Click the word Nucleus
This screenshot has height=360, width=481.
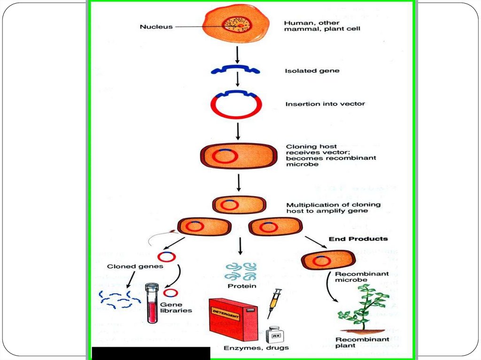[156, 27]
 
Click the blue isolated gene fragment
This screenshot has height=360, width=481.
[235, 70]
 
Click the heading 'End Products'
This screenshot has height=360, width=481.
[358, 239]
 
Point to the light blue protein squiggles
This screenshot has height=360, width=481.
[240, 271]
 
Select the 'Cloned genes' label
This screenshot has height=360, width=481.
[128, 266]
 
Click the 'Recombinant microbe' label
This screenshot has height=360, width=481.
[355, 277]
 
